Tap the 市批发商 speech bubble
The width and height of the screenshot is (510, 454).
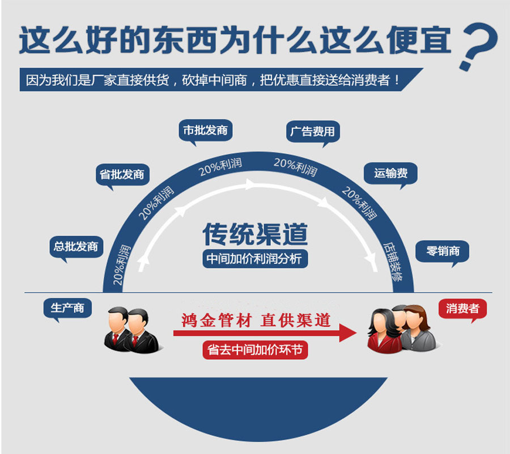coord(206,131)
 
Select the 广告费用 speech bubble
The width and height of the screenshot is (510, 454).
coord(313,132)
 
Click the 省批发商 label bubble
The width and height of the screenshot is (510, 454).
coord(122,175)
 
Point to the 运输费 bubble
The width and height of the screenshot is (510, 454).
coord(390,174)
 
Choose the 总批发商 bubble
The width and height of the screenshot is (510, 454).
coord(76,247)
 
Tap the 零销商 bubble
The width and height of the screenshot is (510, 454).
coord(443,251)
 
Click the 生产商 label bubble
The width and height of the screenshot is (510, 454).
coord(67,308)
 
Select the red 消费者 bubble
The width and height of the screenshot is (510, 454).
coord(462,308)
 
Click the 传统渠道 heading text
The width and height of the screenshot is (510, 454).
coord(256,234)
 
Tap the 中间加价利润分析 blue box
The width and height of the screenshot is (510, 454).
coord(255,259)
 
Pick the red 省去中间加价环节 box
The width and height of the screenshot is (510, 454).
coord(255,350)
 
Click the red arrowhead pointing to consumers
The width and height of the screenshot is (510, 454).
coord(347,333)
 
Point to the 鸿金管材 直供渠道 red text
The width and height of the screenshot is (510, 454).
coord(256,321)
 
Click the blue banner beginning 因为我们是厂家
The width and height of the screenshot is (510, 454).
coord(221,79)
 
